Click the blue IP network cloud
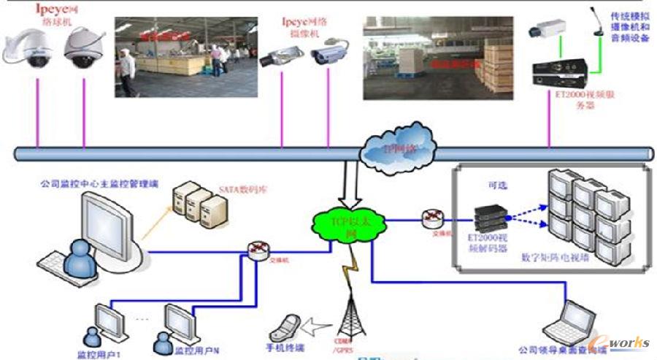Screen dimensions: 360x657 click(397, 150)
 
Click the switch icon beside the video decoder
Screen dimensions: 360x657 click(431, 218)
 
